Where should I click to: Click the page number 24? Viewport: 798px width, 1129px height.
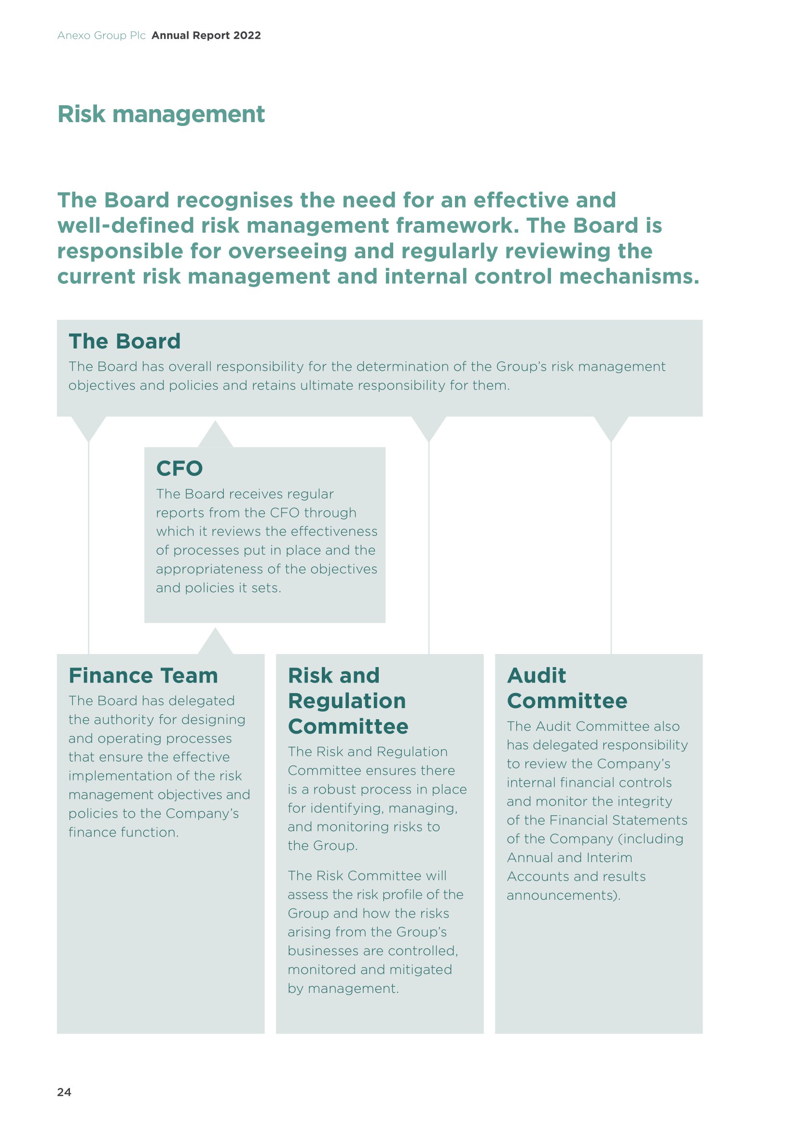pyautogui.click(x=64, y=1092)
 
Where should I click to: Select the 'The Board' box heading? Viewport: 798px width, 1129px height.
pyautogui.click(x=125, y=341)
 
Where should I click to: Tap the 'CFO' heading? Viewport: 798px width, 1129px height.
pyautogui.click(x=179, y=468)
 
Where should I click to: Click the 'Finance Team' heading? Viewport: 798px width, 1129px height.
pyautogui.click(x=143, y=676)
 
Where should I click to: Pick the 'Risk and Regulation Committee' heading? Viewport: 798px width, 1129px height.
pyautogui.click(x=348, y=701)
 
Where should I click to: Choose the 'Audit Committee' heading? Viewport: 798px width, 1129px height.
pyautogui.click(x=567, y=688)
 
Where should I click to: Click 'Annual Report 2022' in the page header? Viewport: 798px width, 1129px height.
pyautogui.click(x=206, y=35)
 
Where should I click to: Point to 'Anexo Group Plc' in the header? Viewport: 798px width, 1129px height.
pyautogui.click(x=102, y=36)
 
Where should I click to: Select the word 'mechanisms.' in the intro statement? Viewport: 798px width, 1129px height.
pyautogui.click(x=630, y=277)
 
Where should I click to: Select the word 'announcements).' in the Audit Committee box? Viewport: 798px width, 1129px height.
pyautogui.click(x=564, y=895)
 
